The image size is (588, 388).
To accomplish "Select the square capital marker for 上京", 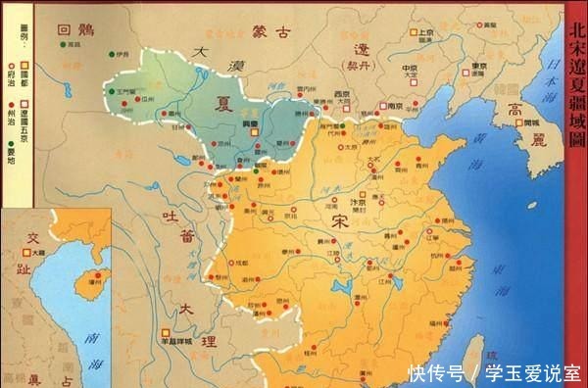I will click(x=415, y=32).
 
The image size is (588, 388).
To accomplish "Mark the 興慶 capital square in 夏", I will click(x=252, y=131).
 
